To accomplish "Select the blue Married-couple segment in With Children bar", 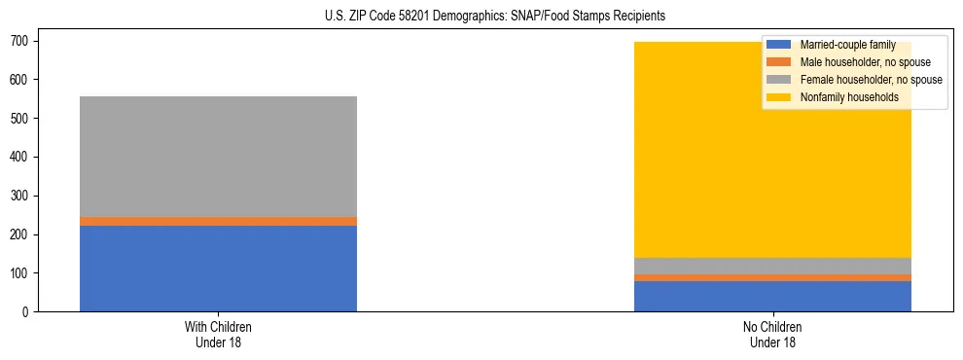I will tap(218, 269).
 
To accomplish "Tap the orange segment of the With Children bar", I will tap(218, 222).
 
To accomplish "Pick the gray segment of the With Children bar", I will tap(218, 157).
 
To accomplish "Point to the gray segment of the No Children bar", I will tap(772, 266).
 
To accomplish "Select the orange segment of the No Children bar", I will tap(772, 278).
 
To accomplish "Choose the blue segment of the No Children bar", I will tap(772, 297).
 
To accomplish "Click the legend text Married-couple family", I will tap(847, 45).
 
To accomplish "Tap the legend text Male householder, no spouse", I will tap(865, 62).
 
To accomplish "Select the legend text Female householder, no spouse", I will tap(871, 80).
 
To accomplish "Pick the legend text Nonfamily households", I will tap(847, 97).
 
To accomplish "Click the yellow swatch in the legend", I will tap(779, 97).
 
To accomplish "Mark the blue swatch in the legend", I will tap(779, 45).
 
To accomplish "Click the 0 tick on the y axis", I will tap(32, 312).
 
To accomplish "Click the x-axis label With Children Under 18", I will tap(218, 334).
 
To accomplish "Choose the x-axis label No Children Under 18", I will tap(772, 334).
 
